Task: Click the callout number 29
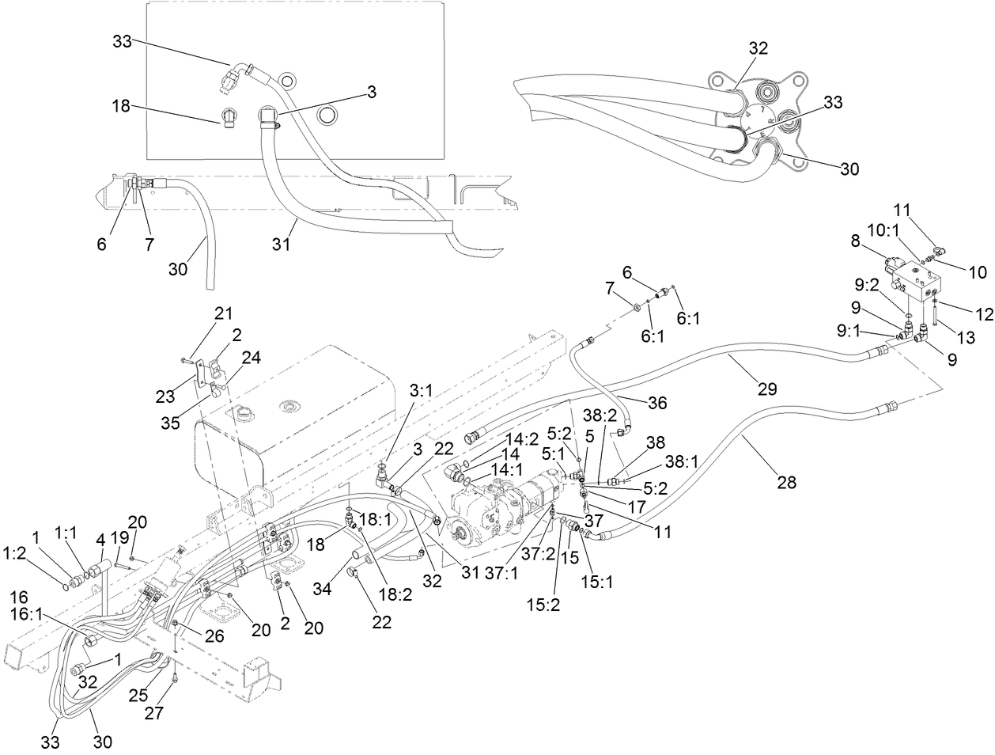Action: (x=766, y=389)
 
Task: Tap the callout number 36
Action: (x=657, y=404)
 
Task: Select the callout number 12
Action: (x=983, y=314)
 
